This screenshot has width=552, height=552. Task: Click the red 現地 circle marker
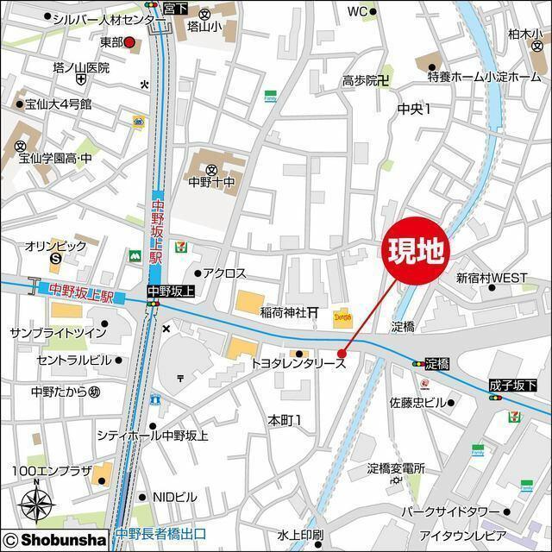[x=416, y=251]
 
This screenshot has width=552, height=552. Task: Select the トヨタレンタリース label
[x=298, y=365]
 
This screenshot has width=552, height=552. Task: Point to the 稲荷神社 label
[x=284, y=312]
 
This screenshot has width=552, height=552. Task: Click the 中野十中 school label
[x=211, y=182]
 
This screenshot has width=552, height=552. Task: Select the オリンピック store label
[x=55, y=246]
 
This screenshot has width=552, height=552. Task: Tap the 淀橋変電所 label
[x=396, y=468]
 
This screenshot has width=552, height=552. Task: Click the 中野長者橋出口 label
[x=160, y=533]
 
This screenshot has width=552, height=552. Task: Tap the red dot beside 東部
[x=129, y=41]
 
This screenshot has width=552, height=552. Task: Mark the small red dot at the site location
[x=342, y=353]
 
